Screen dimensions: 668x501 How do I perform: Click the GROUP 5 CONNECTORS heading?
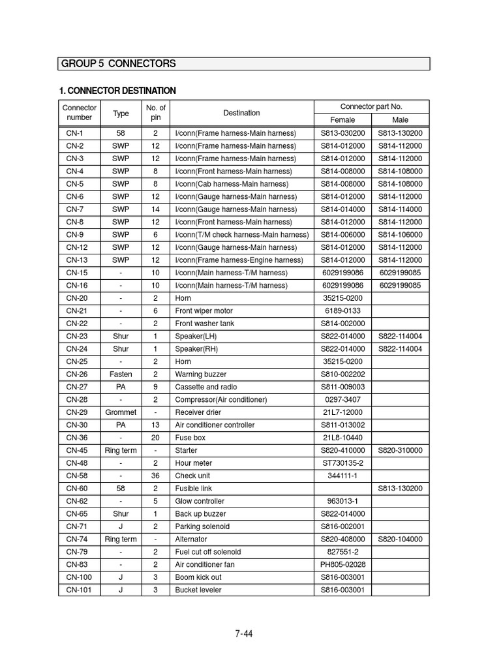pyautogui.click(x=118, y=63)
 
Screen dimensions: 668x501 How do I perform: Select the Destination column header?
pyautogui.click(x=241, y=113)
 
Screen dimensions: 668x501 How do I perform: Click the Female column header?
pyautogui.click(x=342, y=120)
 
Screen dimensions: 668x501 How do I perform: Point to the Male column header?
pyautogui.click(x=400, y=120)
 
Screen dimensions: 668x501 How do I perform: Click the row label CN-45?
pyautogui.click(x=77, y=450)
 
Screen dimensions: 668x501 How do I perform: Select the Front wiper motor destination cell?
pyautogui.click(x=204, y=311)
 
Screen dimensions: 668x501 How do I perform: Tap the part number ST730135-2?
pyautogui.click(x=342, y=463)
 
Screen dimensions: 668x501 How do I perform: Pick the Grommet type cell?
pyautogui.click(x=121, y=412)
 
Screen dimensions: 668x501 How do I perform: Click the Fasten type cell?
pyautogui.click(x=121, y=374)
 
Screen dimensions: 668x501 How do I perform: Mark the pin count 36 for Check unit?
pyautogui.click(x=156, y=476)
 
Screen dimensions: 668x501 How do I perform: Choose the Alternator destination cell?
pyautogui.click(x=191, y=539)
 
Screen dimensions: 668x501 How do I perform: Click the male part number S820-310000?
pyautogui.click(x=400, y=450)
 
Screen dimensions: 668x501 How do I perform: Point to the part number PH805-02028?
pyautogui.click(x=342, y=565)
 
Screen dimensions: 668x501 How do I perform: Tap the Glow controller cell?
pyautogui.click(x=200, y=501)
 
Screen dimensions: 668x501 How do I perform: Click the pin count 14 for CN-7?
pyautogui.click(x=156, y=209)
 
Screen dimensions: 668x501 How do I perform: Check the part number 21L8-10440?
pyautogui.click(x=342, y=438)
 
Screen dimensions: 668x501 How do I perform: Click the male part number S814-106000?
pyautogui.click(x=400, y=235)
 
